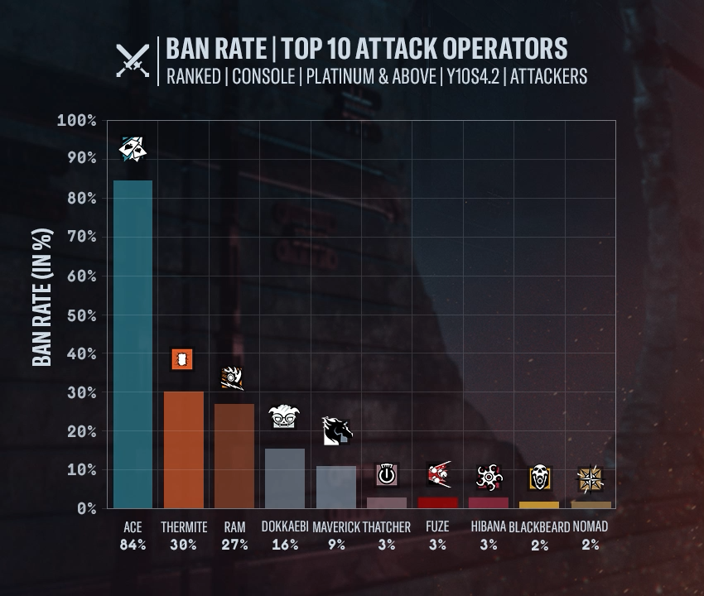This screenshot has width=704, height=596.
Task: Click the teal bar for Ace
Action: point(133,344)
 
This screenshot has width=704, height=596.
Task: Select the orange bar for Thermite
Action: point(183,449)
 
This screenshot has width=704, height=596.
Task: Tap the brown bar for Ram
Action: point(234,455)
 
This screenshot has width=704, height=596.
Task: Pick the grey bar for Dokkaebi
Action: point(284,478)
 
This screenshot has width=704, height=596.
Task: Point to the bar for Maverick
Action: point(336,487)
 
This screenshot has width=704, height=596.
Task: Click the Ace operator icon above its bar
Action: point(133,149)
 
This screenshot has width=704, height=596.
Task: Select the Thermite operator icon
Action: point(183,359)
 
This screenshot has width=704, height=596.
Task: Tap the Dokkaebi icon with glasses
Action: point(284,417)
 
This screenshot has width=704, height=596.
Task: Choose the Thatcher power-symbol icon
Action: point(387,474)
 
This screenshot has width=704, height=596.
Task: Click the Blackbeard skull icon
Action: point(539,478)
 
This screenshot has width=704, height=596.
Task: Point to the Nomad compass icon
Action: point(591,479)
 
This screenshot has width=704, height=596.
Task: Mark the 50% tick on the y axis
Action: point(76,315)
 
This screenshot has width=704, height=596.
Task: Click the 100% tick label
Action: point(76,121)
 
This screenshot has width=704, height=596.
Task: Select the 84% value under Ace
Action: point(133,545)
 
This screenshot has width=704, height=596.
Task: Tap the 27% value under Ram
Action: point(234,545)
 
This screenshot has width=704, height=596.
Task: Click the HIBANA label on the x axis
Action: point(488,526)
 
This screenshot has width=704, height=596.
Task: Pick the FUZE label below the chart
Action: point(437,526)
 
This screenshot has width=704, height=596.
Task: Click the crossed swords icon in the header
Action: point(133,60)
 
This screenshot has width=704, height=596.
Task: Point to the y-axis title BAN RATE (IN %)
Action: point(43,298)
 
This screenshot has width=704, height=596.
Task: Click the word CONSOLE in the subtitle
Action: point(263,76)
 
